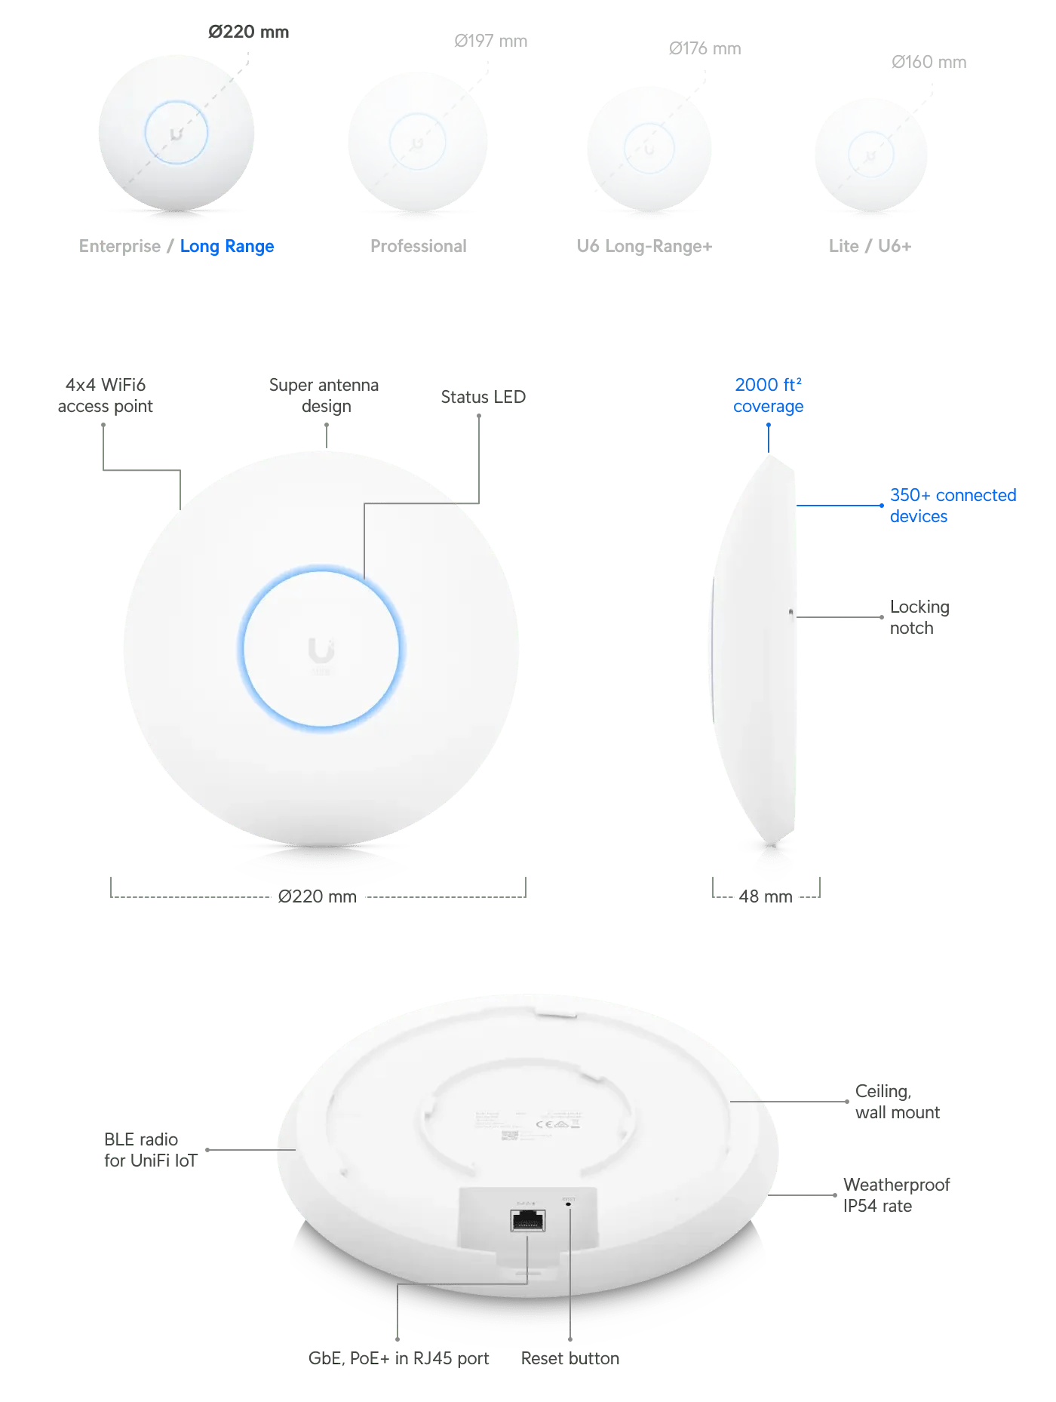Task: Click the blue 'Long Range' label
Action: [x=227, y=247]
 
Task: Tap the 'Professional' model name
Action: [x=419, y=245]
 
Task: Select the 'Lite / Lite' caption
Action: [x=869, y=246]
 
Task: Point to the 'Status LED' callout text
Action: [x=485, y=396]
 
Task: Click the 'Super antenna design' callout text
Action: [x=323, y=395]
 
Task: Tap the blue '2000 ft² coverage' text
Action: [x=769, y=395]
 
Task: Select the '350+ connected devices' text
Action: [x=953, y=505]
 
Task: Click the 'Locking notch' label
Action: [x=919, y=617]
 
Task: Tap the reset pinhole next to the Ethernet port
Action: [x=568, y=1205]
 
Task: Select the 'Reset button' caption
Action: [x=570, y=1357]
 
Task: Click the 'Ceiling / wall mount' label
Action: [x=895, y=1102]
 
